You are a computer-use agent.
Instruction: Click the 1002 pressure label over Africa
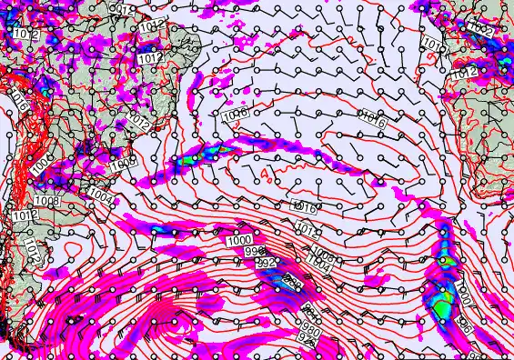(x=482, y=30)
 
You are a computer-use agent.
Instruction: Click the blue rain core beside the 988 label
(x=277, y=289)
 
